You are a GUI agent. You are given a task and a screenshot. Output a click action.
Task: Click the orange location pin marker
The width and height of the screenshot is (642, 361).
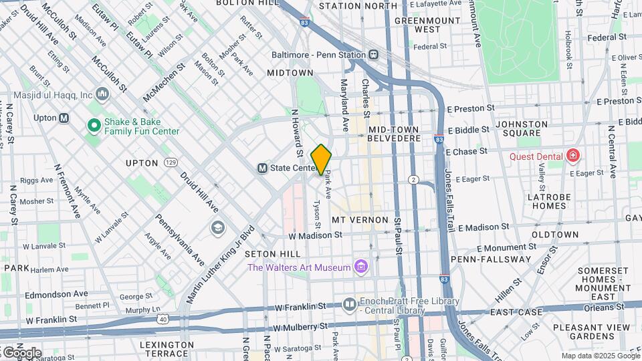(322, 160)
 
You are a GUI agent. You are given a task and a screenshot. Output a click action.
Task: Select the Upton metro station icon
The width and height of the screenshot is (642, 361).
(64, 118)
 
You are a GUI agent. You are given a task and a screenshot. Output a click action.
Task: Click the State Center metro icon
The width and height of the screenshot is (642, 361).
(263, 168)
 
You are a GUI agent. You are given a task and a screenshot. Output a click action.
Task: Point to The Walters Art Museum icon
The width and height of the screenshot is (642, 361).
(361, 267)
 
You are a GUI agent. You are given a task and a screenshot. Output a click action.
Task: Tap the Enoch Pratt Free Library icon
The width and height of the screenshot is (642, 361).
(350, 306)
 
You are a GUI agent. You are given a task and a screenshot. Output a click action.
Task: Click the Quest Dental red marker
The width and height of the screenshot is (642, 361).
(572, 156)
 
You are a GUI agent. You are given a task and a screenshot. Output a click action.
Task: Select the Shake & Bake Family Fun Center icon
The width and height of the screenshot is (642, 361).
(94, 125)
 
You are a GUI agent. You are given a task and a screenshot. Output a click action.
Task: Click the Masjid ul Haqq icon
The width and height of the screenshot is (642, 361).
(102, 94)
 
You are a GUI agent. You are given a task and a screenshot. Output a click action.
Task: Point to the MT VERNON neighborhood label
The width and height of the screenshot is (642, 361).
(360, 220)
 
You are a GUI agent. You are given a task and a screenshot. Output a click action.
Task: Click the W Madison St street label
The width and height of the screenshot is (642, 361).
(315, 235)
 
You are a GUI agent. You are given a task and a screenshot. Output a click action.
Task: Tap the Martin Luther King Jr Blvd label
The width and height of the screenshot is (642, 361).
(221, 264)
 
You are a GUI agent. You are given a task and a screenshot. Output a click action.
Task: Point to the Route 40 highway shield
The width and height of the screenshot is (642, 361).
(163, 319)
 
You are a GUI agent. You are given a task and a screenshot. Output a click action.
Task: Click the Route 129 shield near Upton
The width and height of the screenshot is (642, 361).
(171, 162)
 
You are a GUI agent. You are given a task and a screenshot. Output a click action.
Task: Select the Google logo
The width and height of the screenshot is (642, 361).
(21, 352)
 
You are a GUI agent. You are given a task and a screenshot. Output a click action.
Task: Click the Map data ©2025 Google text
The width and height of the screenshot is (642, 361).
(600, 356)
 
